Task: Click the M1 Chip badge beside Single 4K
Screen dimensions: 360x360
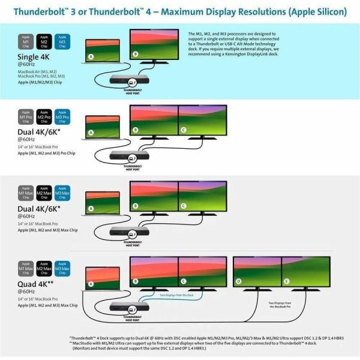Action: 26,41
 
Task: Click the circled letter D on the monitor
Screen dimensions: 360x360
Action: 238,281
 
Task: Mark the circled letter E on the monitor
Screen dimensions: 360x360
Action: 286,281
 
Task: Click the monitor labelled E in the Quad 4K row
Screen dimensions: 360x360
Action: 306,273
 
